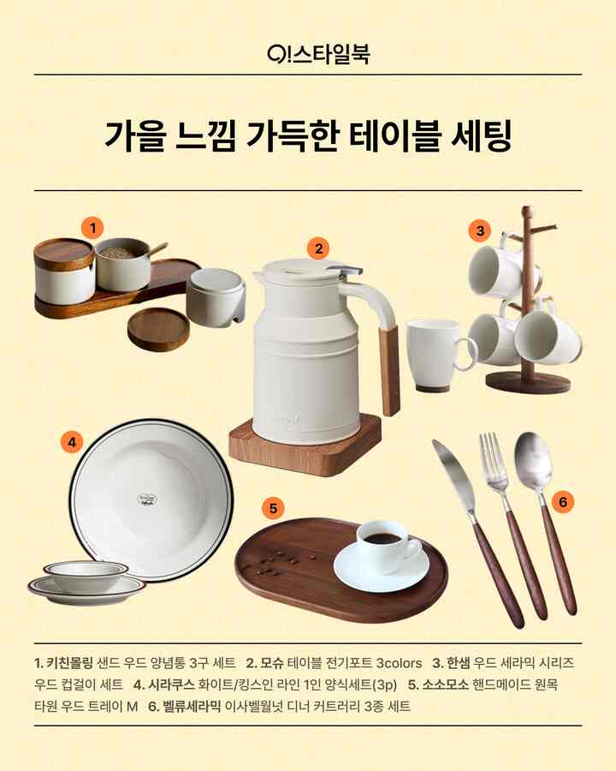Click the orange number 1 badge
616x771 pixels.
pos(93,228)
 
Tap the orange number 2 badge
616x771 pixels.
pos(318,248)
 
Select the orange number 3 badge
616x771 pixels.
pos(480,230)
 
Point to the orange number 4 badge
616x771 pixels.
pos(72,443)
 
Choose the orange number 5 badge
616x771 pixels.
pos(273,508)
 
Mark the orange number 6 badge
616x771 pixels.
pos(563,502)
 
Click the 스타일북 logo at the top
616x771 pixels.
pos(318,54)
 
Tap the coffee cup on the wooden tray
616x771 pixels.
pos(386,544)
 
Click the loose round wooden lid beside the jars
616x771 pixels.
pos(158,329)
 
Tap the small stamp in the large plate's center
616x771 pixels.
pos(146,500)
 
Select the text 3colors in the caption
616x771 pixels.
pos(399,663)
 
